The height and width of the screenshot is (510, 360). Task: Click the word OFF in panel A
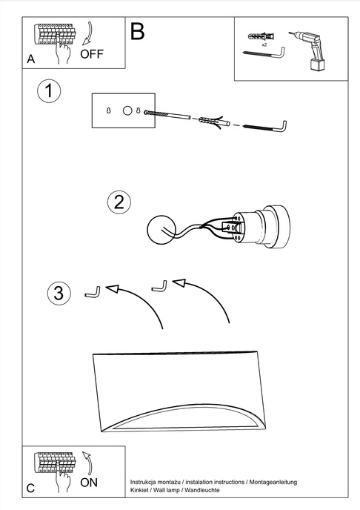(92, 53)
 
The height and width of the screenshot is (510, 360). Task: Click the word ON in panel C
(89, 482)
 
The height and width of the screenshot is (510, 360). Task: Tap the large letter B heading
(138, 31)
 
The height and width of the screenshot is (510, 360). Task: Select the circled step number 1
(49, 93)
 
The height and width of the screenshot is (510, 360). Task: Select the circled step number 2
(119, 202)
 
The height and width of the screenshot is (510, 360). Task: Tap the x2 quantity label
(264, 44)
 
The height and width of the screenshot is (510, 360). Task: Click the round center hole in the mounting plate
(127, 110)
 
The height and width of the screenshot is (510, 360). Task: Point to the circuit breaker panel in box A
(53, 35)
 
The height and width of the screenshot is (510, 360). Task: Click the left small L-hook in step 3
(92, 294)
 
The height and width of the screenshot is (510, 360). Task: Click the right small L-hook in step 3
(159, 285)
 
